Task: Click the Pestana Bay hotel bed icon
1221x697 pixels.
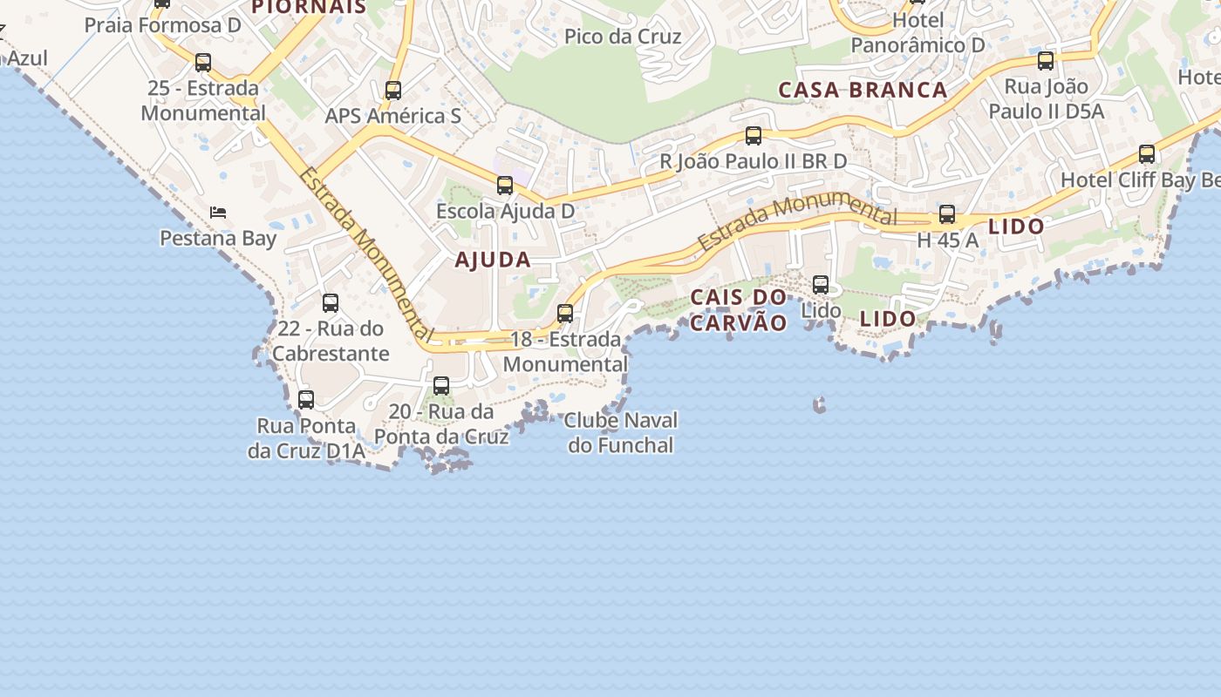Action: point(218,212)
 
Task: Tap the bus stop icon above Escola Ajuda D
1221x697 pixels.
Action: point(505,185)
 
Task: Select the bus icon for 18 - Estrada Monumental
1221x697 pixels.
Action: point(565,314)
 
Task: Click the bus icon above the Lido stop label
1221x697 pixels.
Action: point(821,284)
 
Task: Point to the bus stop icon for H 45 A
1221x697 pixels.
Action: point(947,214)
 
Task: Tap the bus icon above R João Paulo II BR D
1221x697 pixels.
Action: point(754,136)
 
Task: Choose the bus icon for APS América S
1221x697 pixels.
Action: point(393,91)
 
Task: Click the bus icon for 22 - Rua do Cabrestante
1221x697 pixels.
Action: point(331,303)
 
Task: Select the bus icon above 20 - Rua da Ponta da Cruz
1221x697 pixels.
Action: point(441,385)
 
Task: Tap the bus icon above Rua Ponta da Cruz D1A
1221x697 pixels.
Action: point(306,400)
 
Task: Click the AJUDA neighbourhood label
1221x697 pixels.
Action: point(493,260)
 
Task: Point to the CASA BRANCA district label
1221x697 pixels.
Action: point(863,90)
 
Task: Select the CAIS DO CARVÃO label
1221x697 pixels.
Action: point(739,310)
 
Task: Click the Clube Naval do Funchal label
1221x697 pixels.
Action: point(621,433)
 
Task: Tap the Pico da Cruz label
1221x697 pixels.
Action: point(623,37)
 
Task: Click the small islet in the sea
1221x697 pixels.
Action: point(819,404)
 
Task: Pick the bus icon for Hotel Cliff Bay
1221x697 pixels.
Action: point(1147,154)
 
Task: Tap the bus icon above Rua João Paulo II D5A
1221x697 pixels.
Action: point(1046,61)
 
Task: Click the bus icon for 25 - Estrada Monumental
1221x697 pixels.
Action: point(203,63)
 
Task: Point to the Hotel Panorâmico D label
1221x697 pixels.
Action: point(917,33)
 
